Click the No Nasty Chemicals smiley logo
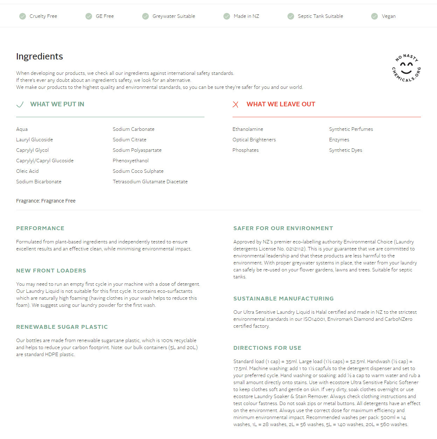point(406,68)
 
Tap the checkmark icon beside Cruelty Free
point(22,16)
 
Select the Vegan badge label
point(388,16)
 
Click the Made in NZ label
point(246,16)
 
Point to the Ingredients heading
point(40,56)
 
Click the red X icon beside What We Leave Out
point(236,104)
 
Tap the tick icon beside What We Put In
point(20,104)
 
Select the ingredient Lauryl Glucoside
point(34,140)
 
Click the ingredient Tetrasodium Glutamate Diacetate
point(150,182)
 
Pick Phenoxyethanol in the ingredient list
point(131,161)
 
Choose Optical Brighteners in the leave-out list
point(254,140)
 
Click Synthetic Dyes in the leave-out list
point(345,150)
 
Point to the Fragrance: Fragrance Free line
point(46,201)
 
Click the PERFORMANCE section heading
point(40,228)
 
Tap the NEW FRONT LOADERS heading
point(51,270)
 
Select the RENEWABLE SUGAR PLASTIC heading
point(62,327)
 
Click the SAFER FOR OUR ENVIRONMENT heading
point(283,228)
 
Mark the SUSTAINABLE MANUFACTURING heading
point(283,298)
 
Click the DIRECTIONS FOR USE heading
point(267,348)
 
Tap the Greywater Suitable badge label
point(174,16)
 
